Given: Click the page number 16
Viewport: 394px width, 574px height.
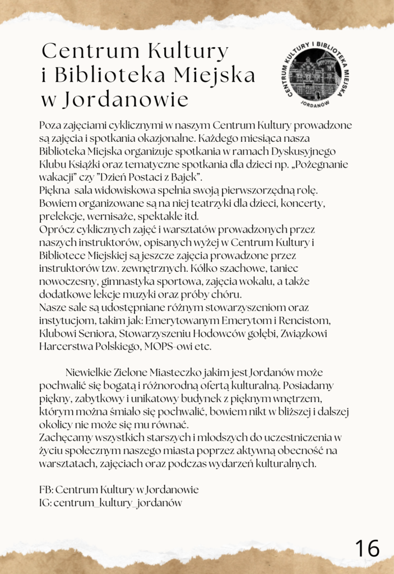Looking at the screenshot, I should (367, 547).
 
